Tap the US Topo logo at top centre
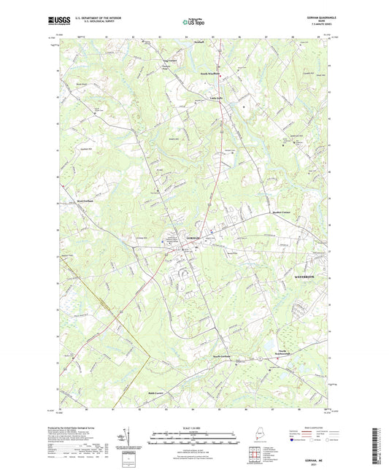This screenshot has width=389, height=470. (193, 23)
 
